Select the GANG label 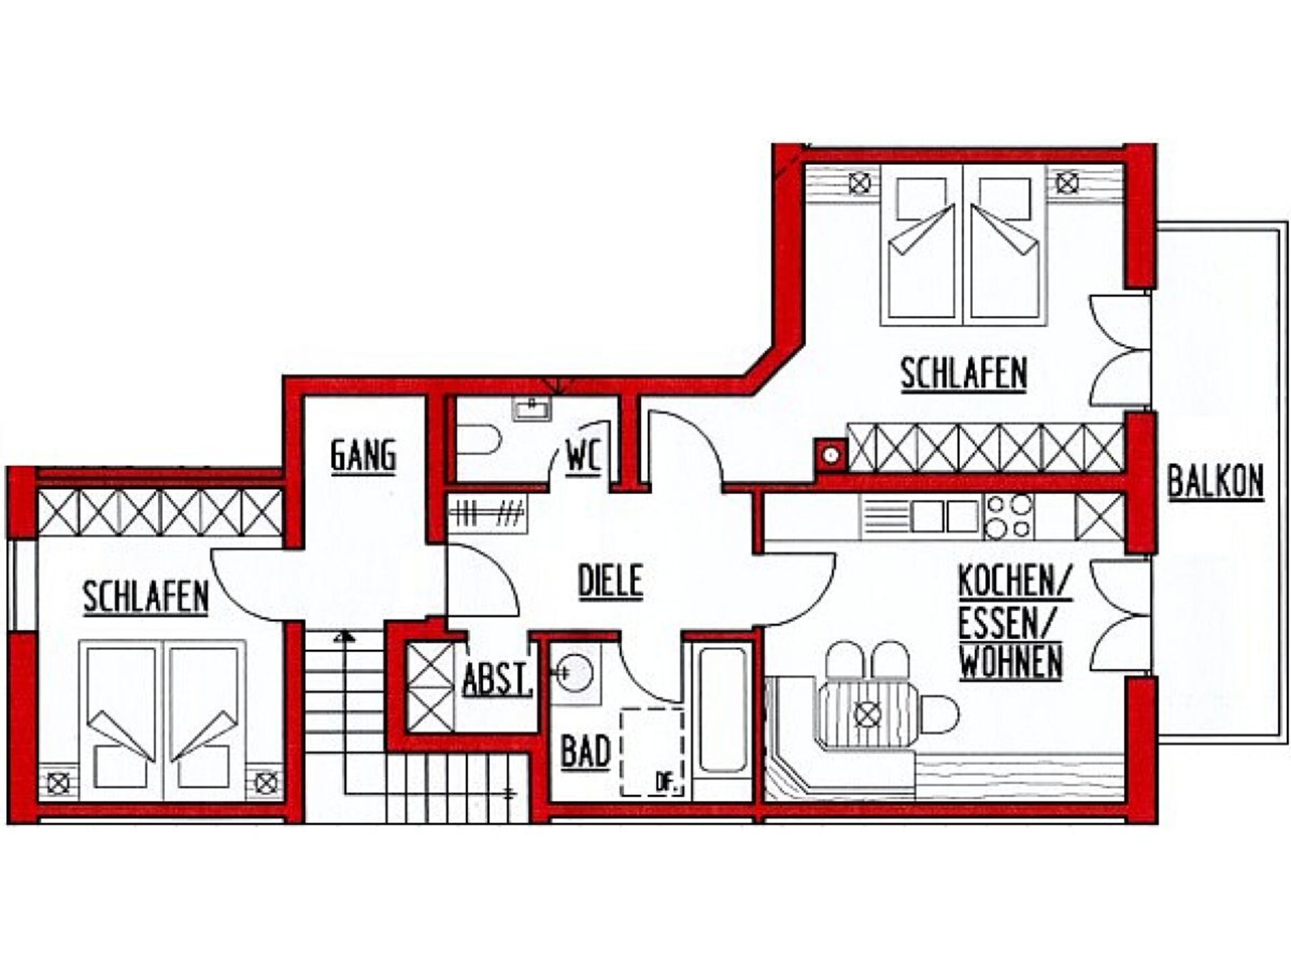[x=363, y=456]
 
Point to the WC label [x=583, y=456]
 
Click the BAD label [x=586, y=751]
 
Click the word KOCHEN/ [x=1015, y=582]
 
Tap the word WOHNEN [x=1011, y=662]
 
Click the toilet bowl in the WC [x=479, y=439]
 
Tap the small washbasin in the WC [x=532, y=408]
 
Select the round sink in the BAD [x=576, y=672]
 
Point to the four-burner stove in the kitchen [x=1009, y=516]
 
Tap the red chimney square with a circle [x=831, y=455]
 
